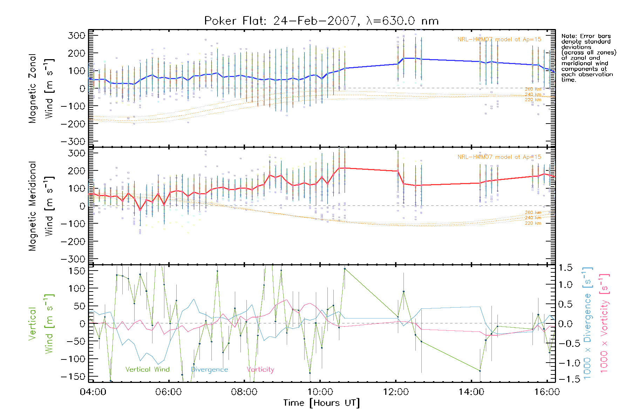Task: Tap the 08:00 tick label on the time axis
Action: click(244, 392)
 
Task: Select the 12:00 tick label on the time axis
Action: click(396, 392)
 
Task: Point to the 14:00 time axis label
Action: click(471, 392)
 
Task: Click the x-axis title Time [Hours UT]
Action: click(321, 403)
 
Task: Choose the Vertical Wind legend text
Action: click(147, 369)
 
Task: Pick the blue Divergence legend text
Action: click(209, 369)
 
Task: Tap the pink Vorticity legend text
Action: click(260, 369)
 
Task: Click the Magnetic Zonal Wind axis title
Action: click(41, 88)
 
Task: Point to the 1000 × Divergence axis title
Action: click(588, 323)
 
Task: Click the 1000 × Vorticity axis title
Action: click(604, 323)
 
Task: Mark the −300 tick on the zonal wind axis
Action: click(73, 141)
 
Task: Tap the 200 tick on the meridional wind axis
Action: click(77, 171)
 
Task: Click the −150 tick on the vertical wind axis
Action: click(73, 377)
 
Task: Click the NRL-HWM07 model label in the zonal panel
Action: click(499, 40)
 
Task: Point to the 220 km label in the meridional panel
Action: click(533, 223)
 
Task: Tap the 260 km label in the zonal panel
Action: click(533, 89)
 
